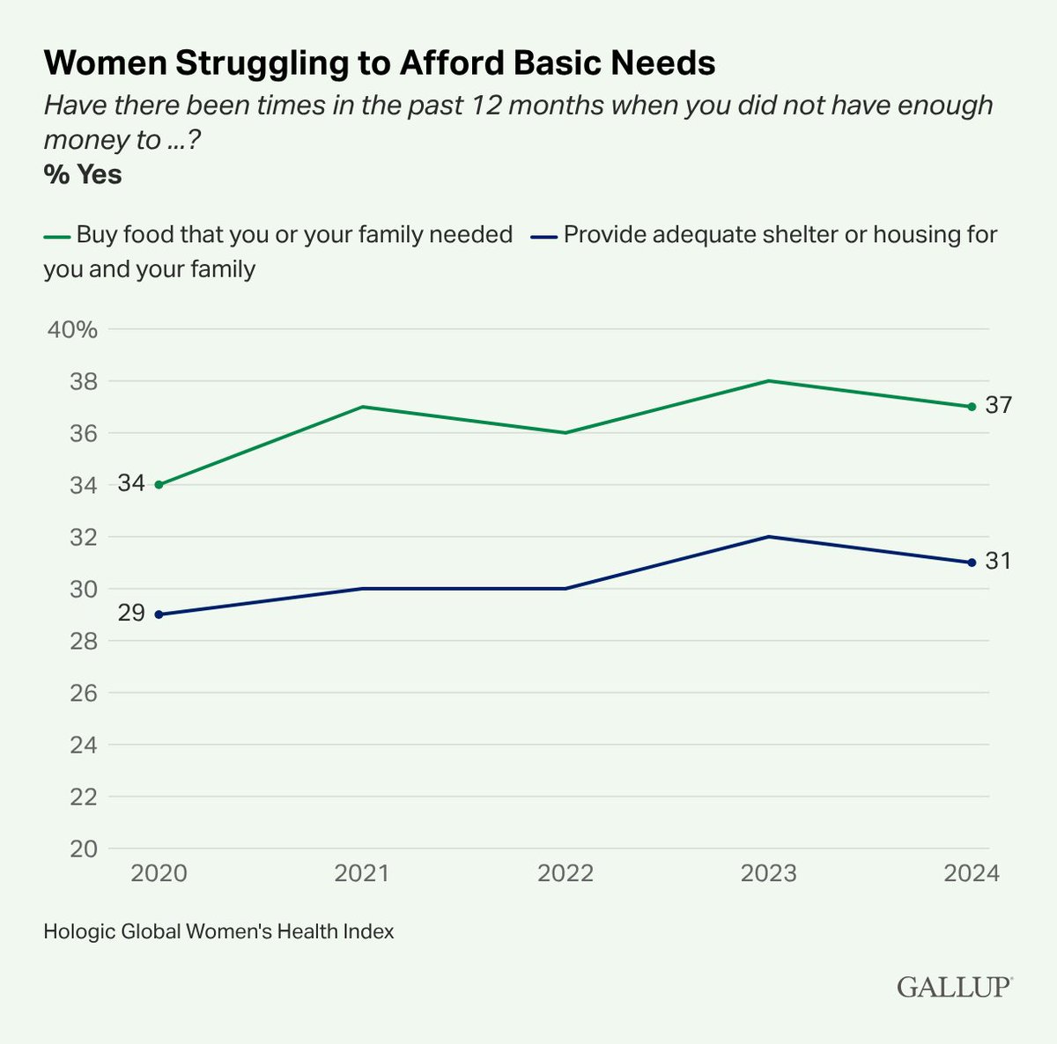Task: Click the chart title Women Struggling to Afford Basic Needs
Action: (380, 63)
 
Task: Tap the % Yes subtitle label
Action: (83, 174)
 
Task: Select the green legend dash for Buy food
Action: (56, 236)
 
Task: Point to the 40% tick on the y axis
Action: (72, 330)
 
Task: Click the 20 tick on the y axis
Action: (83, 849)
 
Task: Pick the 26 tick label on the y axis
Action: (83, 693)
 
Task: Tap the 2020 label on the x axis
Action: (159, 873)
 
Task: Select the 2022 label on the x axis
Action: (565, 873)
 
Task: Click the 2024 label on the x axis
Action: (972, 873)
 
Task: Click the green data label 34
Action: (131, 484)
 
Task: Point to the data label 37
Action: (998, 406)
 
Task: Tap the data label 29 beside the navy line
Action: (131, 614)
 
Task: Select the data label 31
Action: (998, 562)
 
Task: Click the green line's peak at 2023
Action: (769, 380)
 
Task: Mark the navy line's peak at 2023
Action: (769, 536)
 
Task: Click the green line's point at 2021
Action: (362, 407)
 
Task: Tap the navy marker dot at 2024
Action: (972, 562)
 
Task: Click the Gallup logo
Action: (955, 987)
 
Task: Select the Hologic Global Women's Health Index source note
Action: (218, 930)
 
